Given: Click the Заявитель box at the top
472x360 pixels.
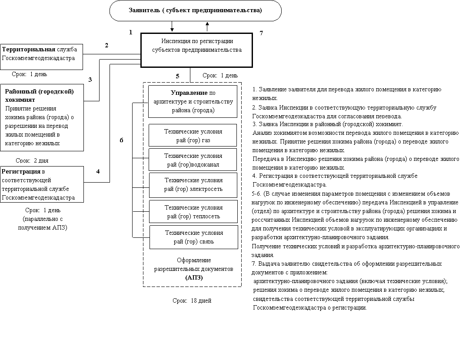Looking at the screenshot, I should (195, 10).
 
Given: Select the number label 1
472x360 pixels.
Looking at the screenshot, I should (131, 32).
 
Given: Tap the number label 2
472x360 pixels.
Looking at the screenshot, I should (106, 44).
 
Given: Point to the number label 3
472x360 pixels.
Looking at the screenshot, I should (90, 80).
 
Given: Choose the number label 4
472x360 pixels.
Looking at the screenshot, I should (98, 171).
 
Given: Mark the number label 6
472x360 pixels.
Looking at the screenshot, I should (122, 140).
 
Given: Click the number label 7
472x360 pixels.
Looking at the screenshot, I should (261, 33).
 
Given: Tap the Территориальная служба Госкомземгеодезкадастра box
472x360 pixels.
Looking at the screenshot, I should (41, 56).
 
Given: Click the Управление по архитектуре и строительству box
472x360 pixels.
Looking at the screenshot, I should (193, 102).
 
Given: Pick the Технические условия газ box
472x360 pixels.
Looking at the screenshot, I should (193, 136).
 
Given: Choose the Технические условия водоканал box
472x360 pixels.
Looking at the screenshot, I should (193, 160).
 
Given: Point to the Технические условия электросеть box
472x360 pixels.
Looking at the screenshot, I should (193, 184).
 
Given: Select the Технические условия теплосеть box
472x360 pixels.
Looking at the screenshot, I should (193, 212).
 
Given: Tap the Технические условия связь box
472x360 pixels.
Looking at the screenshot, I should (194, 237).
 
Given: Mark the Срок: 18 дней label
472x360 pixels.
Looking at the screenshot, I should (195, 300).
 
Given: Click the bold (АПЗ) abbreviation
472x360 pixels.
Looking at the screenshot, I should (194, 277).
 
